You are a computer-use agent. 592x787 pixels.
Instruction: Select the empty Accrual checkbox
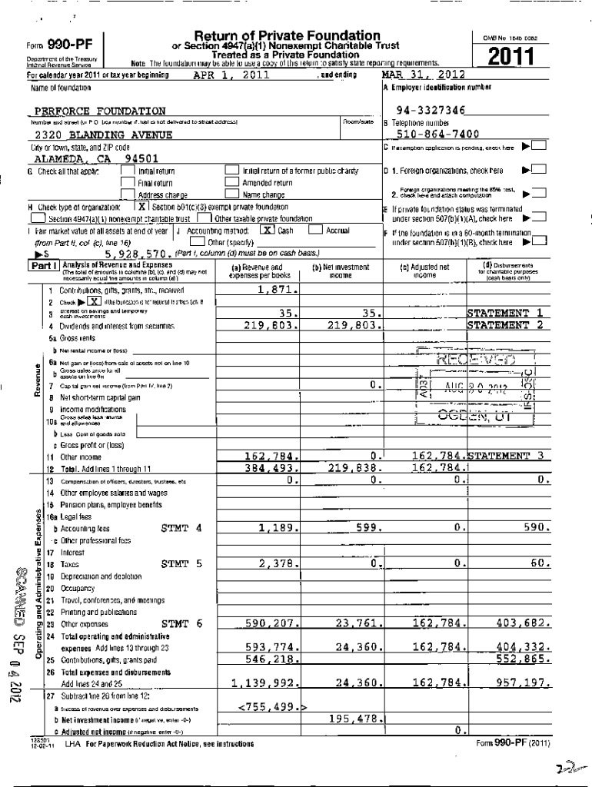pos(314,230)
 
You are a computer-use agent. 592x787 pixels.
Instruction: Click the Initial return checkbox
pos(128,171)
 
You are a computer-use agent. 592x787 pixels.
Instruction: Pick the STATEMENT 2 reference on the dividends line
pos(507,325)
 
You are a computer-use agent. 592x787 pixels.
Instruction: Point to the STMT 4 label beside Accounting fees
pos(181,528)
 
